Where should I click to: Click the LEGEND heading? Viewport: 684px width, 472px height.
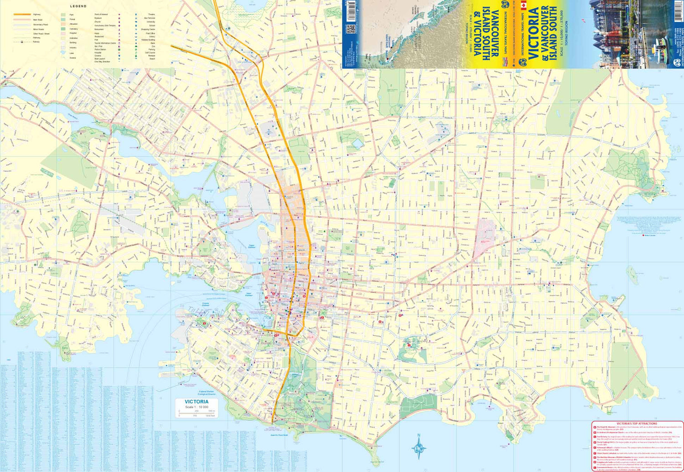pyautogui.click(x=78, y=6)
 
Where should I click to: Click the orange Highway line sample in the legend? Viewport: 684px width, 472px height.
pyautogui.click(x=22, y=15)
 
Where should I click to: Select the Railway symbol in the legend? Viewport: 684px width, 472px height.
pyautogui.click(x=22, y=42)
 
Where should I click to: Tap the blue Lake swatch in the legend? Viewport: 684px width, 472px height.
pyautogui.click(x=63, y=53)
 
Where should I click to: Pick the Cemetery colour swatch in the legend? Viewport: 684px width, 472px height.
pyautogui.click(x=63, y=29)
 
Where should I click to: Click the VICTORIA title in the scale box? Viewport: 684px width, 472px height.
pyautogui.click(x=197, y=402)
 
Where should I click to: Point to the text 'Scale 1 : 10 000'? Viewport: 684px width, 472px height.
pyautogui.click(x=197, y=407)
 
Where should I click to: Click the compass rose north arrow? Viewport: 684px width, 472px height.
pyautogui.click(x=419, y=448)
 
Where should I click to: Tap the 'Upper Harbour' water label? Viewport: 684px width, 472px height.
pyautogui.click(x=251, y=246)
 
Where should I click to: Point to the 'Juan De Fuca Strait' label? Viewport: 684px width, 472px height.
pyautogui.click(x=279, y=435)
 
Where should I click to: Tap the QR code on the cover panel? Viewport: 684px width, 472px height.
pyautogui.click(x=350, y=29)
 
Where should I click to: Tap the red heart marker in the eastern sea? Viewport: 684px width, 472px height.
pyautogui.click(x=644, y=235)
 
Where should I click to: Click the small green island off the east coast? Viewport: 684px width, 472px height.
pyautogui.click(x=632, y=273)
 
